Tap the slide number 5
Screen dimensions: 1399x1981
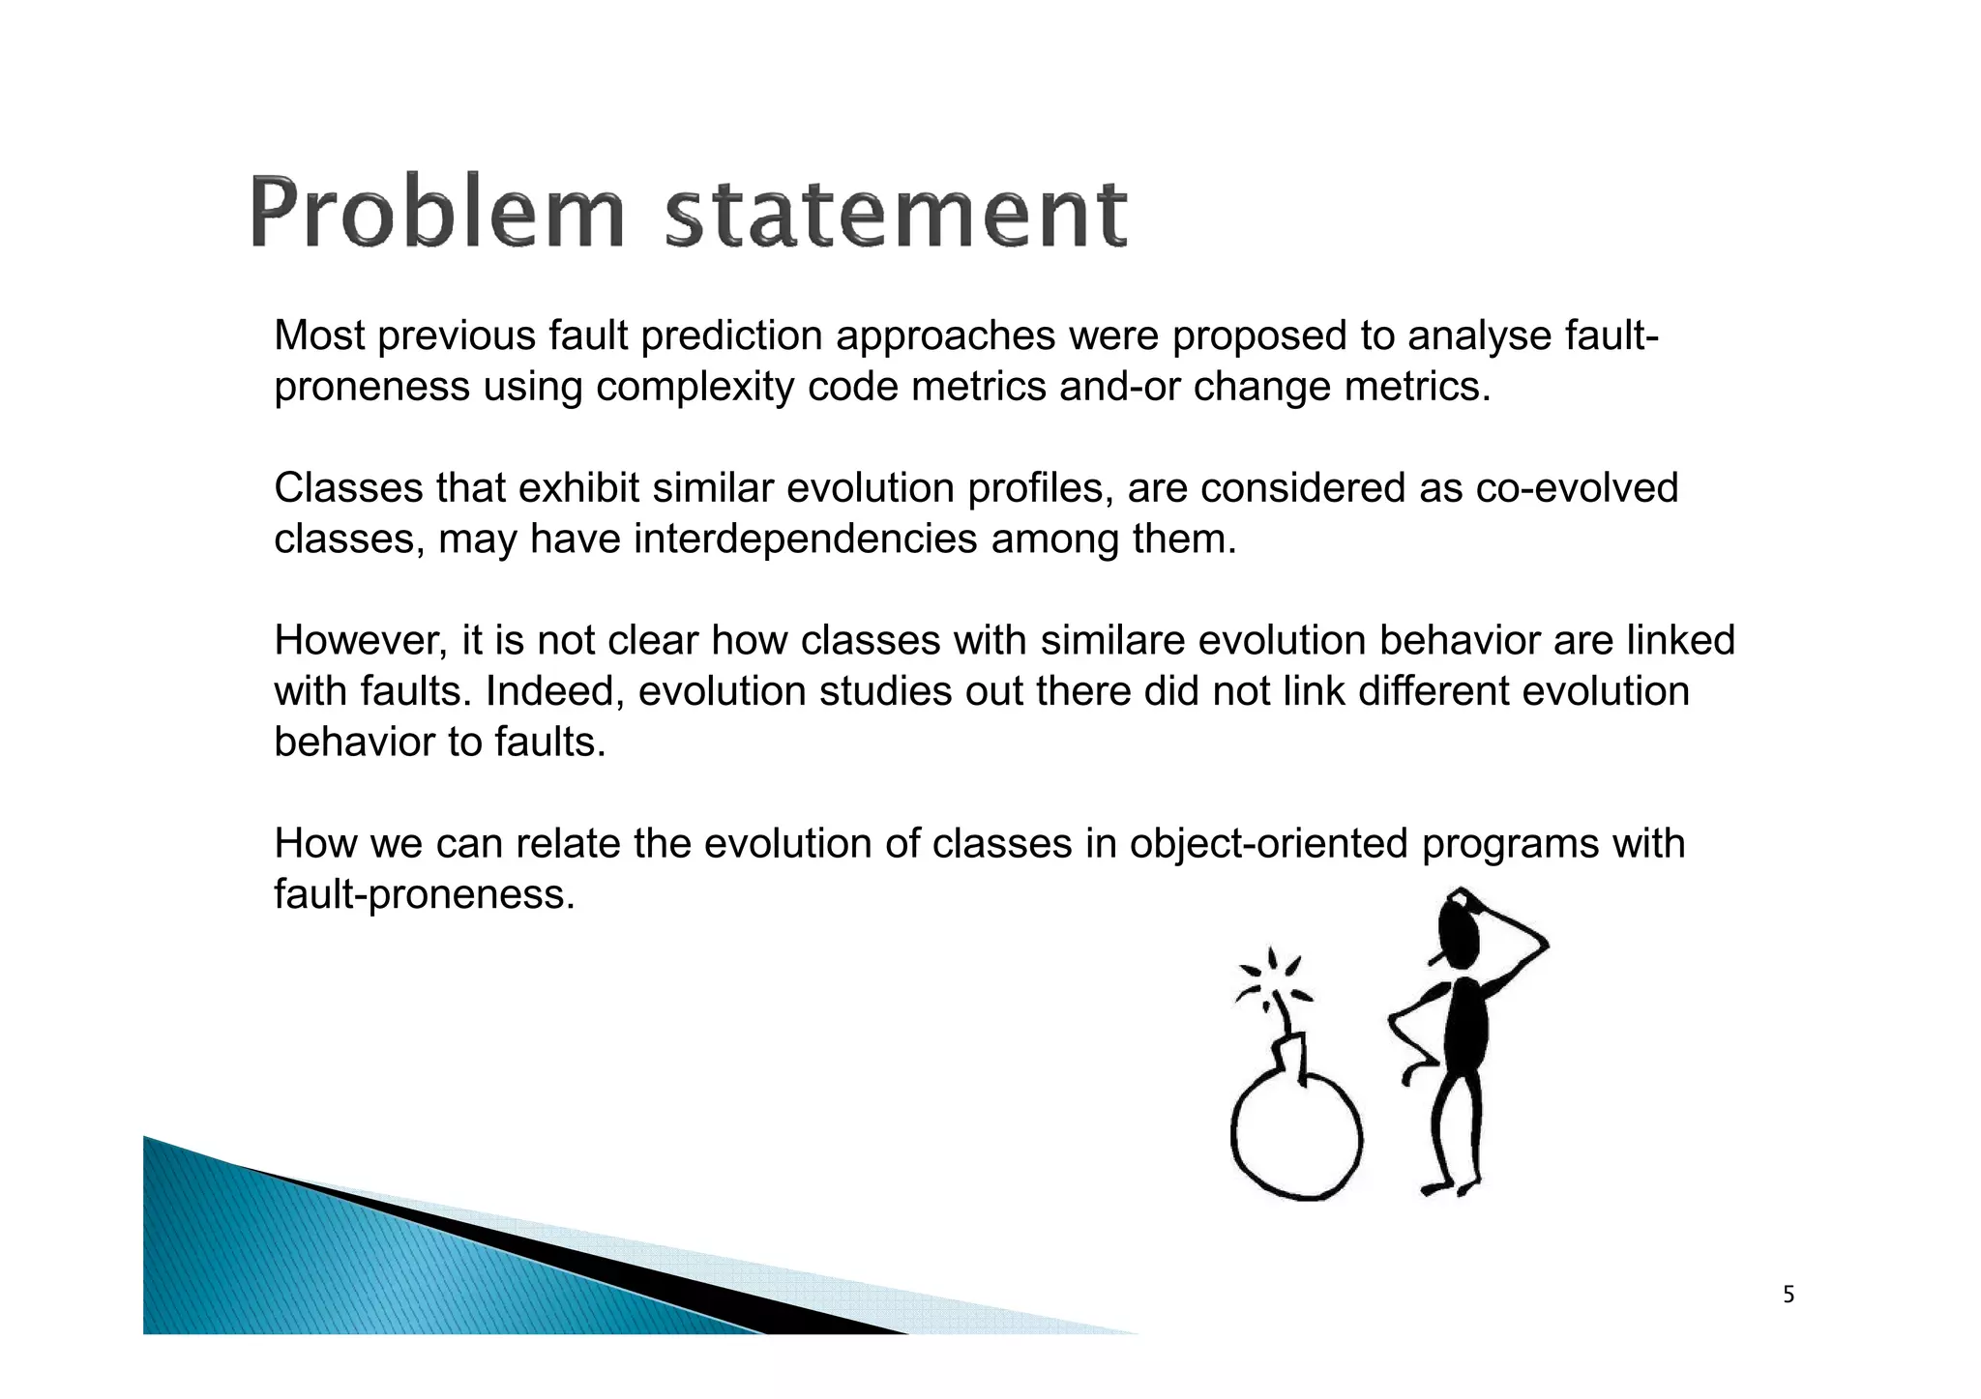[x=1789, y=1295]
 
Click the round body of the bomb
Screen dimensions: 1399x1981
[x=1296, y=1138]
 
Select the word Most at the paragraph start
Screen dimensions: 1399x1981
[x=320, y=335]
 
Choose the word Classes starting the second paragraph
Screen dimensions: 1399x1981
[x=348, y=488]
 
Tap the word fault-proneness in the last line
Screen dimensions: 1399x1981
[x=424, y=894]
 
